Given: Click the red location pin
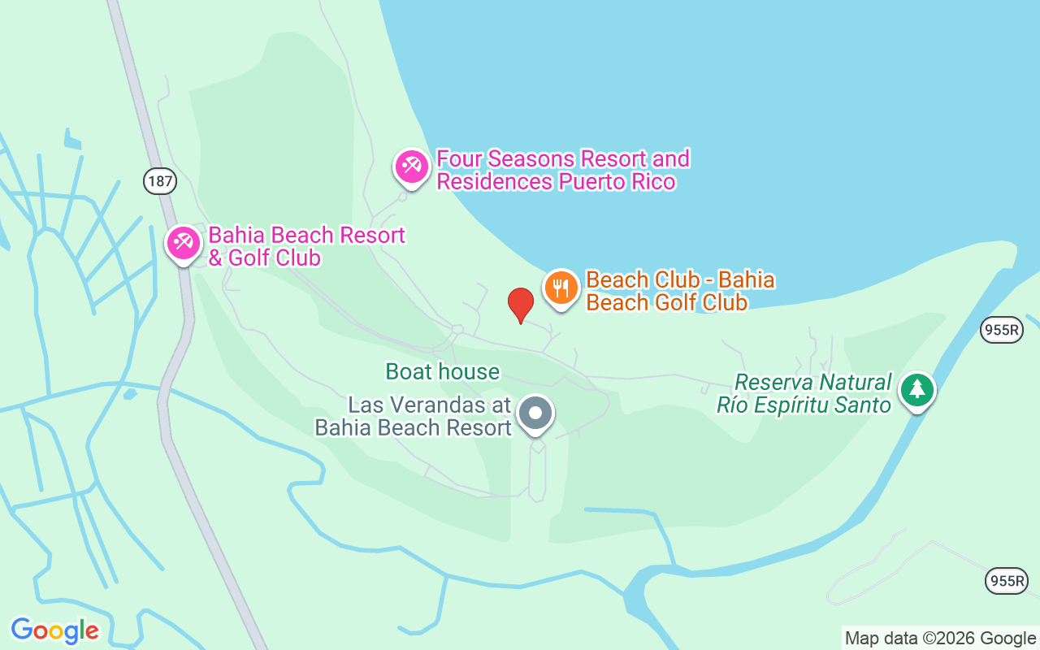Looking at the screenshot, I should [x=520, y=305].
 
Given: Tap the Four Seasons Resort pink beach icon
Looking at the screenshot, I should [x=412, y=167].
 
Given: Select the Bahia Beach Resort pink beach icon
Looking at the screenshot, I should [x=184, y=243].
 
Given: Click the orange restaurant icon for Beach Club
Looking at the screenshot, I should [x=561, y=288].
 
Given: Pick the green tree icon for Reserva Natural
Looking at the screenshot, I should [x=917, y=390].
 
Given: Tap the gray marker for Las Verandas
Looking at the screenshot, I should [x=535, y=414].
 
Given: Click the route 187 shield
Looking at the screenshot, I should [x=160, y=180].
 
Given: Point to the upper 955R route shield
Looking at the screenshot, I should [x=1001, y=329].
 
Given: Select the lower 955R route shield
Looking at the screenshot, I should [x=1006, y=580].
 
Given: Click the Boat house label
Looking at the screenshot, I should [x=443, y=372].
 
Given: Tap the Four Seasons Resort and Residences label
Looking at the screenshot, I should [x=562, y=170].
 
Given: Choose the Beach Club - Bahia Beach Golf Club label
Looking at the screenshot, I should [x=680, y=291].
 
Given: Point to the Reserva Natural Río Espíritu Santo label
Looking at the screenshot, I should [x=804, y=393].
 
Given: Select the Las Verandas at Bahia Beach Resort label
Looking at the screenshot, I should [x=414, y=416].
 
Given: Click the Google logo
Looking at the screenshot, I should [x=54, y=630].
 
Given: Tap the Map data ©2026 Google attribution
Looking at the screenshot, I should [x=940, y=638].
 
